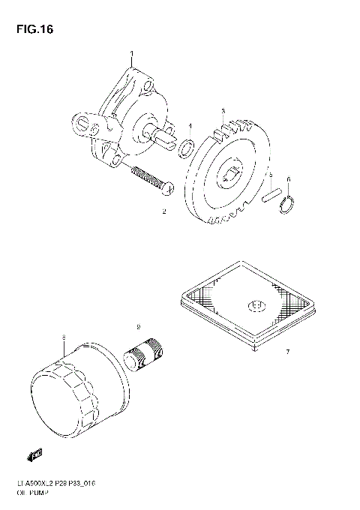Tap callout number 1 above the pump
tap(131, 53)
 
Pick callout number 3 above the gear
tap(222, 111)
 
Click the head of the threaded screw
tap(169, 188)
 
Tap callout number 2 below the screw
tap(163, 213)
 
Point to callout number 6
tap(289, 179)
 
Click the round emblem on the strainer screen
tap(255, 305)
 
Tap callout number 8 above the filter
tap(64, 338)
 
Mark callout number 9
tap(138, 327)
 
